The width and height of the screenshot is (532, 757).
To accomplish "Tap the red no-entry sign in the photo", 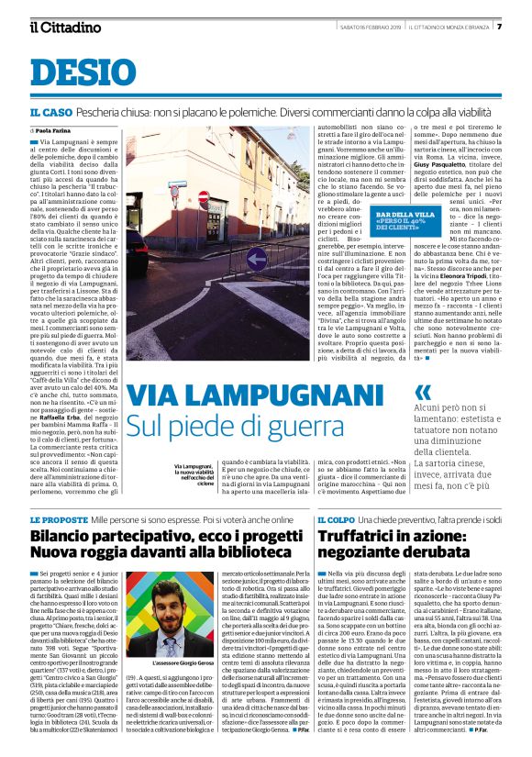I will click(204, 197).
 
